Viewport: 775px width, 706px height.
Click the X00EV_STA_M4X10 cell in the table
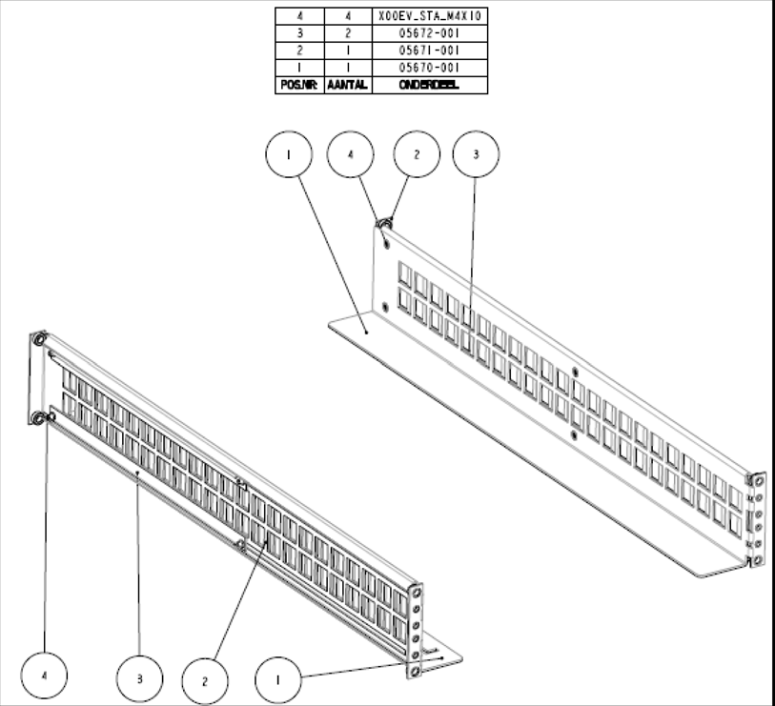(429, 16)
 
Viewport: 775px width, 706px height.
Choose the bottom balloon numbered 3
(139, 679)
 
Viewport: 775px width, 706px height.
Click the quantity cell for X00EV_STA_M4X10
(347, 16)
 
